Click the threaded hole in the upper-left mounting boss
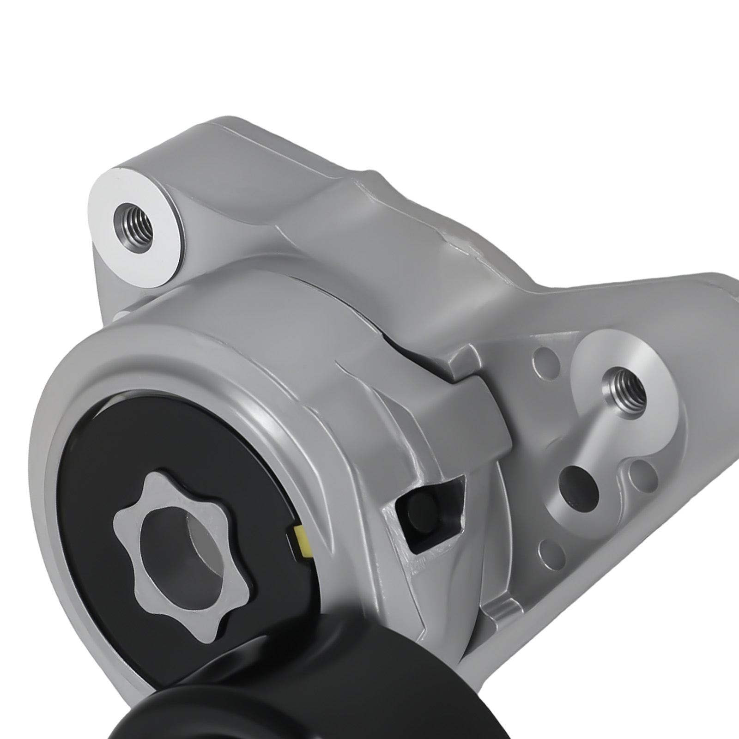(131, 219)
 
